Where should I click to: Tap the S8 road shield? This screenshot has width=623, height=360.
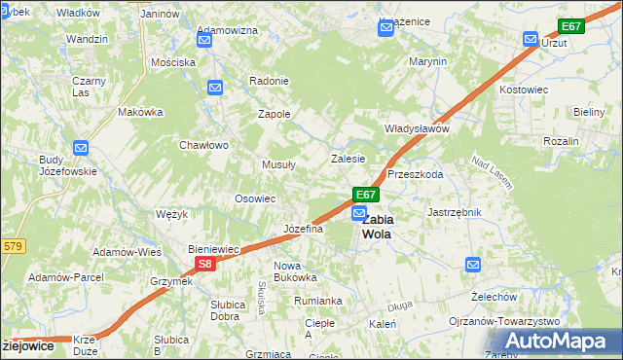(202, 264)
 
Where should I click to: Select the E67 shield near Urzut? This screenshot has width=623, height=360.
(571, 26)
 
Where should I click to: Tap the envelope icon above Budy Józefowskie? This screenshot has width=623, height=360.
(81, 149)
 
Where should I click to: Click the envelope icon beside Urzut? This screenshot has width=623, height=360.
(531, 40)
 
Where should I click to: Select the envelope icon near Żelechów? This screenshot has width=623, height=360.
(473, 264)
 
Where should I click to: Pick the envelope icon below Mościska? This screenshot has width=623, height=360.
(215, 87)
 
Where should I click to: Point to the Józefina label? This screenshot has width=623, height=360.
(302, 229)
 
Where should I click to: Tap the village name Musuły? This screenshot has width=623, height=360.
(278, 165)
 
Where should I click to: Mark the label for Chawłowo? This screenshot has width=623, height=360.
(203, 145)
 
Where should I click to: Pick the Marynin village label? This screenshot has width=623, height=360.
(428, 61)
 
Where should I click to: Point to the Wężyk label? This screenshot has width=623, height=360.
(171, 214)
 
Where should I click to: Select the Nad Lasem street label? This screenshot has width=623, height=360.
(491, 170)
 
